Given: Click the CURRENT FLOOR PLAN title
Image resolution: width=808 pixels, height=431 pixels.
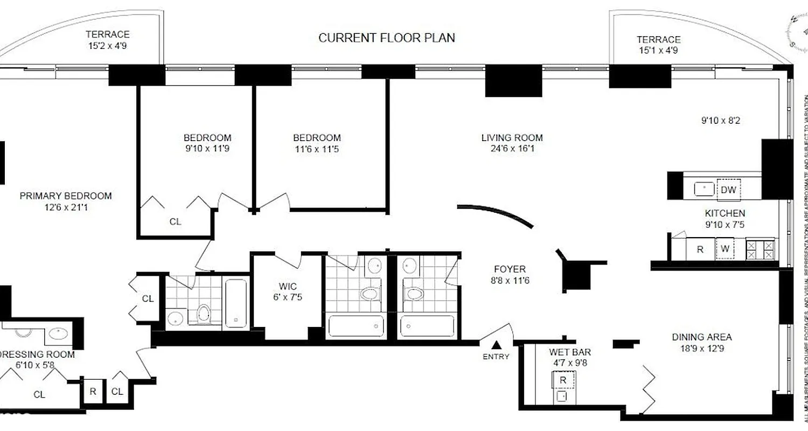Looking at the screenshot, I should pos(387,38).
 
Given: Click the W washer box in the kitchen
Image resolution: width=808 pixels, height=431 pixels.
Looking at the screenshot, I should pos(725,249).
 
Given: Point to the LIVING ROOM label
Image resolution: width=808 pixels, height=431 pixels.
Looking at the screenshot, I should pos(512,138).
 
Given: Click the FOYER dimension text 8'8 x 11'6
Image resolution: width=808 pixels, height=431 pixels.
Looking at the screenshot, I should pos(510,280).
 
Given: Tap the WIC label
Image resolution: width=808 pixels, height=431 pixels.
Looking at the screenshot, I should pos(288,286).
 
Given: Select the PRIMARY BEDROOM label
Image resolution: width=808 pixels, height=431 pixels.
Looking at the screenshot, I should pos(66,196).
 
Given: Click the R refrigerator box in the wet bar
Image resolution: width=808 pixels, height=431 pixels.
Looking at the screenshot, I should pos(563,380).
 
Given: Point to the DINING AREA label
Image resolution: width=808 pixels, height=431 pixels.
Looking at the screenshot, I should pos(701,337).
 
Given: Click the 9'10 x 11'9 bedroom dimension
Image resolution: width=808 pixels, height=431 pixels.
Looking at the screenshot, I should pos(207,148).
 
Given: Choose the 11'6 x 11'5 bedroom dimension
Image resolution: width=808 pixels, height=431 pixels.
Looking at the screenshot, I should pos(317,148).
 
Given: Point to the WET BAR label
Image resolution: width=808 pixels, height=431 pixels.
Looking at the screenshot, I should pos(570,352).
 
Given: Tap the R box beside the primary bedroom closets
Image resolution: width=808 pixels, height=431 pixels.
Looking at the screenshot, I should pos(93,392).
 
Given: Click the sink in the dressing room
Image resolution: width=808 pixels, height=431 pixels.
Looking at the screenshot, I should pos(58,333).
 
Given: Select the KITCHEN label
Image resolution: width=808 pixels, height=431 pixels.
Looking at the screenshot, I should pos(725,214).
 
